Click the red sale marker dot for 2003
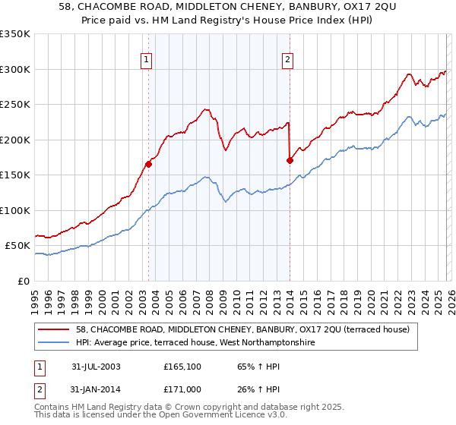[149, 163]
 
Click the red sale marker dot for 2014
[290, 159]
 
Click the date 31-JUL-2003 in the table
[96, 367]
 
